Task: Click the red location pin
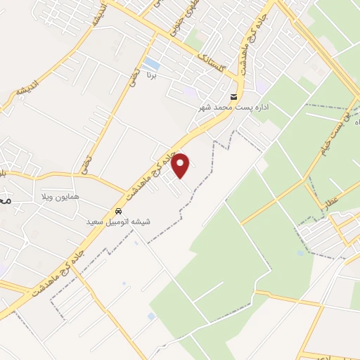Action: [181, 165]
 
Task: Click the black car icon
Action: [118, 211]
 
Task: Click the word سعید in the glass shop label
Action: [95, 221]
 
